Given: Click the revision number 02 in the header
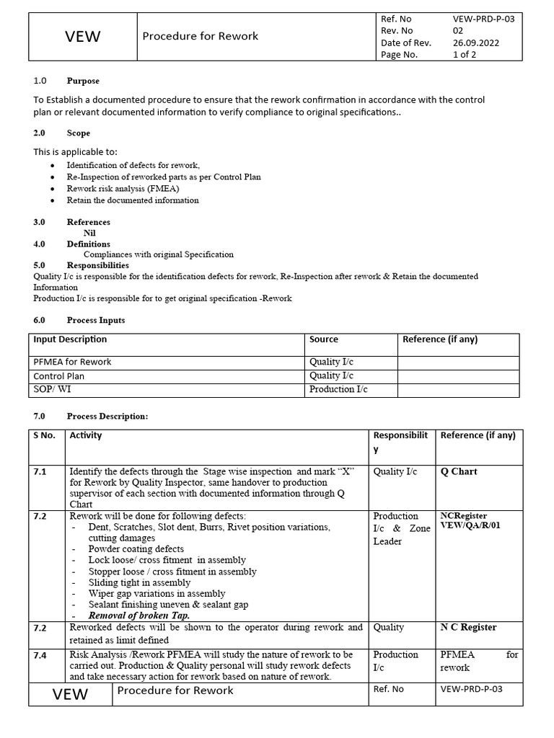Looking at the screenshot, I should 458,31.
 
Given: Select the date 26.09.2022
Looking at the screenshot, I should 476,43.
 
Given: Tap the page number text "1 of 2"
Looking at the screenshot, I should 465,54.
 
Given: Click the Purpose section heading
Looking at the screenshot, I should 83,81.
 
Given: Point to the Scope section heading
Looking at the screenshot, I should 79,133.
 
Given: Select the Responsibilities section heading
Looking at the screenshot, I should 98,265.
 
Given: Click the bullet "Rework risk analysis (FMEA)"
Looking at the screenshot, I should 123,188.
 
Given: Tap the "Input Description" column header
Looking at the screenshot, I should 70,339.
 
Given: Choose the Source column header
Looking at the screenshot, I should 323,339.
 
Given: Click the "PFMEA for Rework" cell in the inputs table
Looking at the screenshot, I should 72,362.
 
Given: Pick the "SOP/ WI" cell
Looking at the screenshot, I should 52,389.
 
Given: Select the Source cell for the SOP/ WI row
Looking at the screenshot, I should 338,389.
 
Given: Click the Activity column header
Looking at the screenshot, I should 86,435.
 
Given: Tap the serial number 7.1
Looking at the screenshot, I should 40,472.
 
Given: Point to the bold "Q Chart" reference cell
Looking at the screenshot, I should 459,472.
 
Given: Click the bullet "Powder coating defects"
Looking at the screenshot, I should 136,548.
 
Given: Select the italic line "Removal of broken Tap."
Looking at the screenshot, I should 139,616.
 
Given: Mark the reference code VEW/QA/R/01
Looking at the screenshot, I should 470,526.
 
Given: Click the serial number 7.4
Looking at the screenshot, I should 40,655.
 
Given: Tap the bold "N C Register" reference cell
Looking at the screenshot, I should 468,628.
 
